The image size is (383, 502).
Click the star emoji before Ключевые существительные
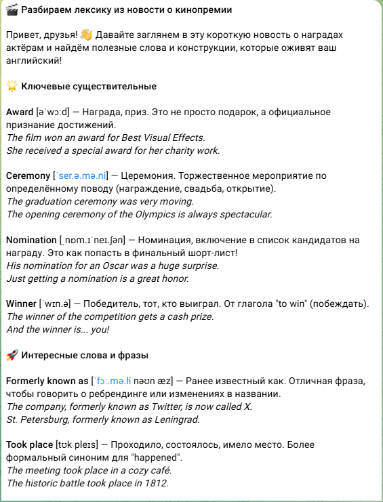pos(12,86)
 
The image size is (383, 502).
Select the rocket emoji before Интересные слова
pos(12,355)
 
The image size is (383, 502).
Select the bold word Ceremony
pos(27,175)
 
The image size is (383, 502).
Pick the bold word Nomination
pos(31,240)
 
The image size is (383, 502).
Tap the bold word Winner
pos(20,304)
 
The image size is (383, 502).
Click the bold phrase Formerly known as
pos(47,381)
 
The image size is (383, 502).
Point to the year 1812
pos(157,483)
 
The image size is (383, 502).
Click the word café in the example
pos(159,470)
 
